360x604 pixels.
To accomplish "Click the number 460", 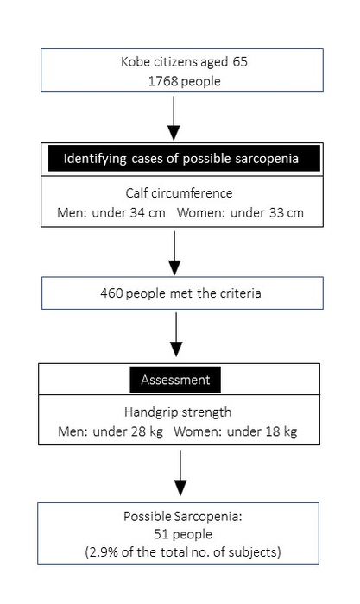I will coord(112,293).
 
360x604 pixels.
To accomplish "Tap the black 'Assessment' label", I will coord(175,379).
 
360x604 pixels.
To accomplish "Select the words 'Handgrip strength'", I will coord(175,412).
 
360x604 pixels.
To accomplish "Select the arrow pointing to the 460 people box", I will coord(175,253).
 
